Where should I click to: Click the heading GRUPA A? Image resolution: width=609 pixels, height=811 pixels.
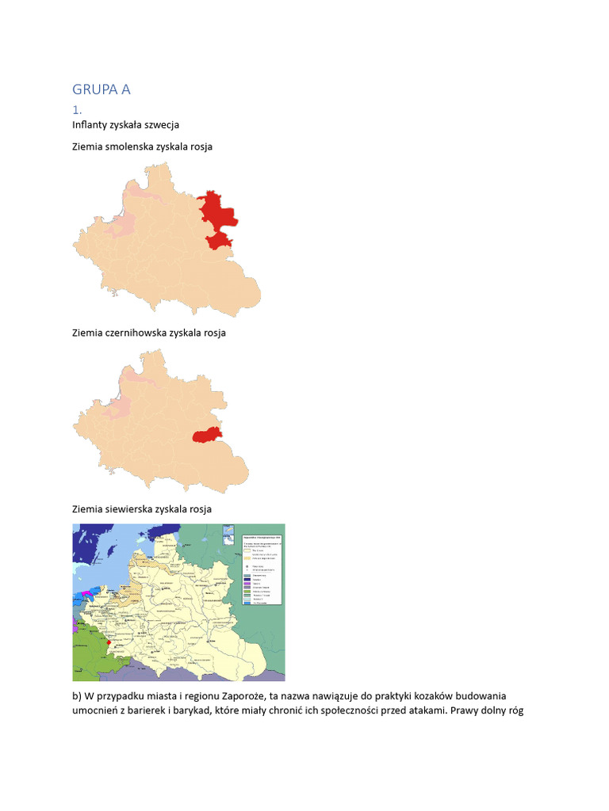coord(101,89)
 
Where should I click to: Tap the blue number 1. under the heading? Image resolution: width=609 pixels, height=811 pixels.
coord(77,109)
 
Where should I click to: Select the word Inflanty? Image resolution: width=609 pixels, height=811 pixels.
coord(90,125)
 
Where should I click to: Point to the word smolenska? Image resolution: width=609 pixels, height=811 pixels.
coord(135,147)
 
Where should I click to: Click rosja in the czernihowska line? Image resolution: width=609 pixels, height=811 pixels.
coord(212,333)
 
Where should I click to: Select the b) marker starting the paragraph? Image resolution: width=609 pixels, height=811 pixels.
coord(77,696)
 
